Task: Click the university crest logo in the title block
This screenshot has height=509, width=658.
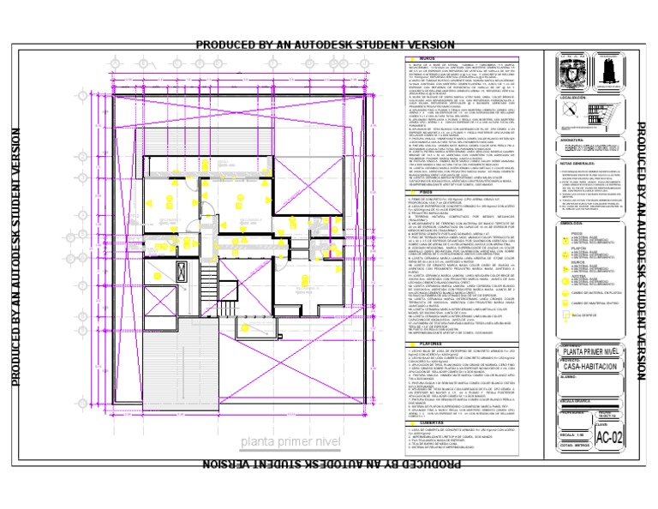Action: pos(567,73)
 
